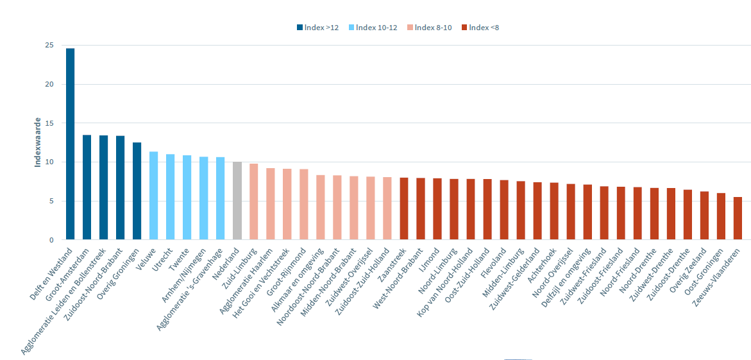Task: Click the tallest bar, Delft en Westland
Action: point(70,144)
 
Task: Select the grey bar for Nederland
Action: point(237,201)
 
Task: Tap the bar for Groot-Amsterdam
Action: point(87,187)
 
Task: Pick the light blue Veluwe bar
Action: point(153,196)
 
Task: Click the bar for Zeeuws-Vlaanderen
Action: point(738,218)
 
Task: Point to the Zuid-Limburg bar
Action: point(253,201)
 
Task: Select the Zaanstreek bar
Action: point(404,209)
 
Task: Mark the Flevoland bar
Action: point(504,210)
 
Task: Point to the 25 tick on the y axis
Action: point(49,46)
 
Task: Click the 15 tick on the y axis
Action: point(49,123)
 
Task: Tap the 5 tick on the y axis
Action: point(51,201)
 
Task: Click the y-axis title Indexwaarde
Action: point(38,142)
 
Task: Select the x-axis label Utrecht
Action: point(164,255)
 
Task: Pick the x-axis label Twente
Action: point(181,255)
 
